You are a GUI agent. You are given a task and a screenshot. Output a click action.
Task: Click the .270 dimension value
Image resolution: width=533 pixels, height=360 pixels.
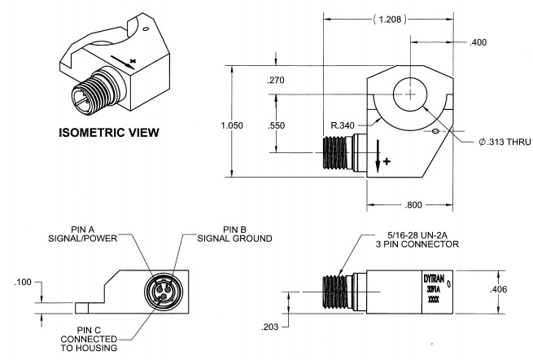(277, 81)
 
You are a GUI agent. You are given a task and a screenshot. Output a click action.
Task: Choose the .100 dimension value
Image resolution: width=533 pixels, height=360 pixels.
(23, 283)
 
